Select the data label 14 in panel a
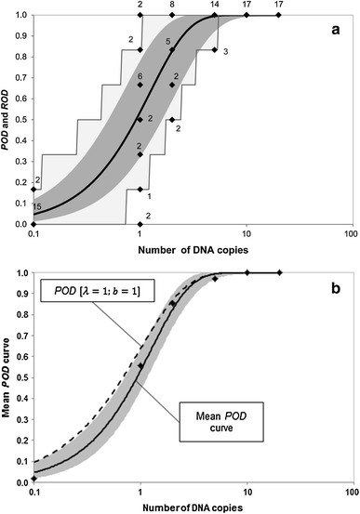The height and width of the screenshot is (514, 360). coord(215,6)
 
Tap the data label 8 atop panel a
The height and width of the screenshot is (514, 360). coord(172,6)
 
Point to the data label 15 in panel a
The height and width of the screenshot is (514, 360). coord(38,206)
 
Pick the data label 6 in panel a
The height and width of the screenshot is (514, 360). coord(140,75)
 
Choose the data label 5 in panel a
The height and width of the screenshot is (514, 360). coord(167,42)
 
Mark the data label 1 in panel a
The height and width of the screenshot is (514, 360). coord(150,195)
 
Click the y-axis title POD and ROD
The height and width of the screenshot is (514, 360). coord(9,119)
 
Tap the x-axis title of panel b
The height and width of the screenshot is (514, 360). coord(192,507)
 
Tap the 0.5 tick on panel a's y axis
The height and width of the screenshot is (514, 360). coord(20,120)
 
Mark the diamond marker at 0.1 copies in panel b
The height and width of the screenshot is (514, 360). coord(33,478)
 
